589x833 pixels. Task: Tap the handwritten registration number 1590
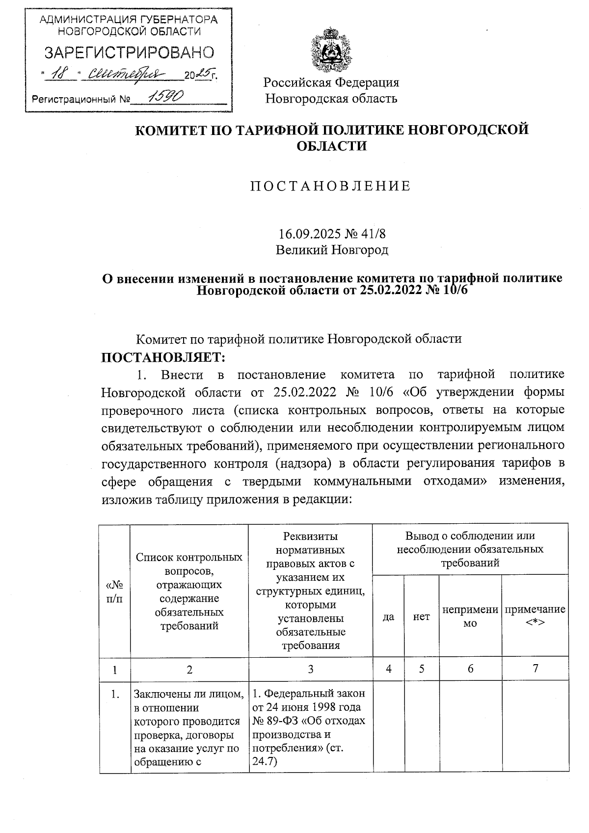166,98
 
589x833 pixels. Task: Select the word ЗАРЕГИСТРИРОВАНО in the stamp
130,53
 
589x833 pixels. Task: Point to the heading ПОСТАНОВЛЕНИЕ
330,186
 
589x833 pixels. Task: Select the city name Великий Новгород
332,250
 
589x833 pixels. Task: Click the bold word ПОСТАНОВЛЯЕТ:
163,356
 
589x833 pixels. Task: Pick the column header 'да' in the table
388,617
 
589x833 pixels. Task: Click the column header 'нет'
421,617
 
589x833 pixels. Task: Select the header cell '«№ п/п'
114,591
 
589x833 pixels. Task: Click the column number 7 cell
535,668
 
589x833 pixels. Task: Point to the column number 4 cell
388,669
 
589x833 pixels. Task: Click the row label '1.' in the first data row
114,695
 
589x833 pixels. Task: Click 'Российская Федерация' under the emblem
331,82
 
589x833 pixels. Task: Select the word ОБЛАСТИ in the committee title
332,146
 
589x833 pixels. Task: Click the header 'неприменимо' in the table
470,617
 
